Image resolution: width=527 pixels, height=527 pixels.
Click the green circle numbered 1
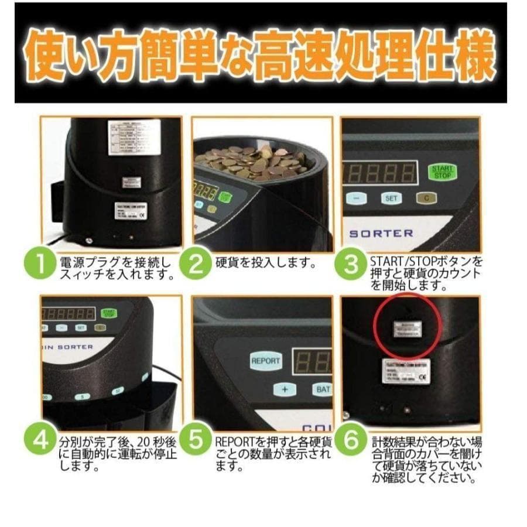[39, 266]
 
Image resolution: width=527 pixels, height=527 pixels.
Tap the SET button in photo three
[392, 199]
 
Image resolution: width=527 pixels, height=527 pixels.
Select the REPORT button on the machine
[265, 361]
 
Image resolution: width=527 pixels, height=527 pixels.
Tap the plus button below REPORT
[284, 389]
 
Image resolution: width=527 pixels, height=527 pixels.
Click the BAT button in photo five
[322, 389]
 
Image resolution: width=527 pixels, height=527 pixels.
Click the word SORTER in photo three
[381, 232]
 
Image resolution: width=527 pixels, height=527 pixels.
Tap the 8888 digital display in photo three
[380, 173]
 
